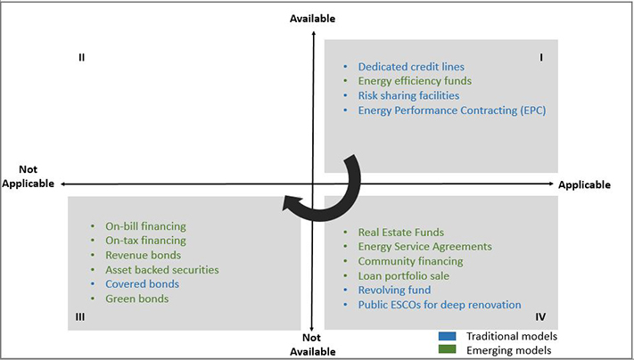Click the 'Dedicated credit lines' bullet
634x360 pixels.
[410, 67]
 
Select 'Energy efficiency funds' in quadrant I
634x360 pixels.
[415, 81]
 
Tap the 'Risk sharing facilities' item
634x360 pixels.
[408, 95]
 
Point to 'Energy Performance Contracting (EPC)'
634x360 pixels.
[451, 110]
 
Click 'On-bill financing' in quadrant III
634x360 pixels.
[145, 226]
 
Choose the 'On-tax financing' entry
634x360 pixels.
[145, 241]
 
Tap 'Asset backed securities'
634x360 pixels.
[161, 269]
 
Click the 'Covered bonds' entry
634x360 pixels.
[142, 283]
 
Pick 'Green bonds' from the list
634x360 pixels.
[136, 299]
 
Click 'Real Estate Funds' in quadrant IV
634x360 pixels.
[400, 233]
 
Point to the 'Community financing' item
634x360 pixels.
[410, 261]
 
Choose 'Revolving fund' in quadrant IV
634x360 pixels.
[394, 290]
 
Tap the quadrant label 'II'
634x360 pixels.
[81, 57]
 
